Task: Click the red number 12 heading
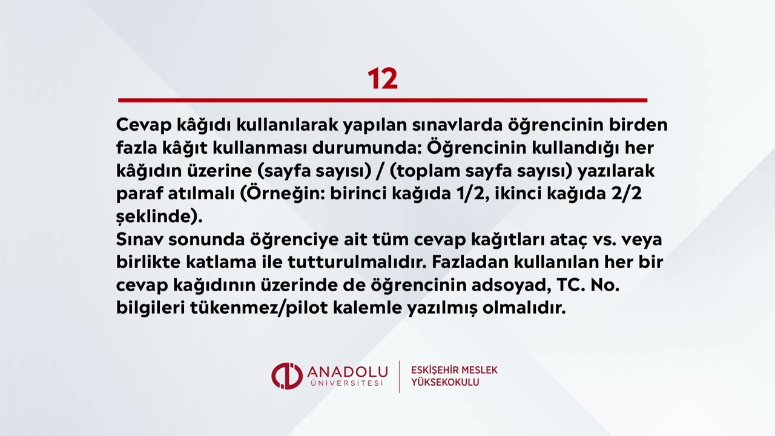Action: (383, 79)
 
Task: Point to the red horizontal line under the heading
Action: (383, 100)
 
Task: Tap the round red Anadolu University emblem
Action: (286, 375)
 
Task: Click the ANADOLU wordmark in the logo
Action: (346, 371)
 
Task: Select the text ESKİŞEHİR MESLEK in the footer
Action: (454, 370)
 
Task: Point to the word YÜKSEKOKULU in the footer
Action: (445, 383)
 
